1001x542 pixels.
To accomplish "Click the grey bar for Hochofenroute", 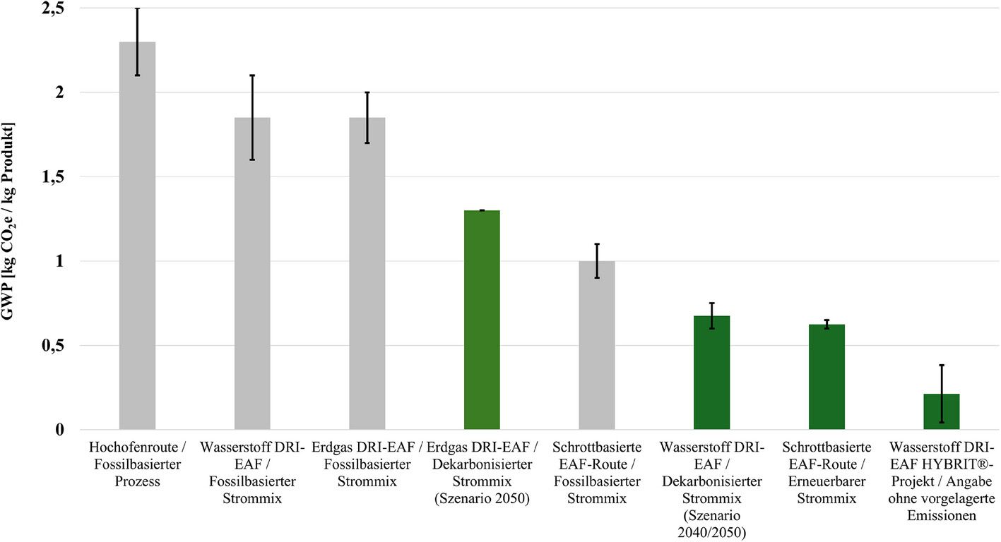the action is [x=137, y=236].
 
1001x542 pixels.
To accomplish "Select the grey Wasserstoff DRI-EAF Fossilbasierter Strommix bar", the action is [x=252, y=274].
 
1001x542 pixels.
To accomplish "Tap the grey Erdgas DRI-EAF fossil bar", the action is [x=367, y=274].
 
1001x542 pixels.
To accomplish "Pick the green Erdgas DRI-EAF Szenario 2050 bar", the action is [x=482, y=320].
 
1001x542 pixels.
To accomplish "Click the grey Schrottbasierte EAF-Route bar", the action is [x=597, y=346].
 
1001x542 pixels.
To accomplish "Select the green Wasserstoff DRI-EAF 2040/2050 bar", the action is [x=711, y=373].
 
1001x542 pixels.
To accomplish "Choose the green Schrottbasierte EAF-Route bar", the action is [x=827, y=378].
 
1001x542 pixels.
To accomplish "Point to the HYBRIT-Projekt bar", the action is [x=942, y=411].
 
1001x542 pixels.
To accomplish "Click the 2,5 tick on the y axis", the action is [x=53, y=9].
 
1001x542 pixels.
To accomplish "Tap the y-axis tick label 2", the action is [x=59, y=92].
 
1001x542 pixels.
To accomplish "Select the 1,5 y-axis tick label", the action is [x=53, y=177].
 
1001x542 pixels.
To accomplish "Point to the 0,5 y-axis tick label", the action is [x=53, y=346].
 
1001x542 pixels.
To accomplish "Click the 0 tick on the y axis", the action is [x=59, y=430].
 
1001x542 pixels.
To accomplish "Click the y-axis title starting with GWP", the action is [x=8, y=221].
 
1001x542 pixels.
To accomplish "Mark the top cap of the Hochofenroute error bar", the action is [x=137, y=8].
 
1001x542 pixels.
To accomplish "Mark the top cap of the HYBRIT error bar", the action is [x=942, y=365].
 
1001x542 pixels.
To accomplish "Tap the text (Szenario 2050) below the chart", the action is [x=482, y=498].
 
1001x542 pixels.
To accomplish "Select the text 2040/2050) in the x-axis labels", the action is [x=711, y=533].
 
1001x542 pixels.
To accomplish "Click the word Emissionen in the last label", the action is [x=942, y=516].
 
